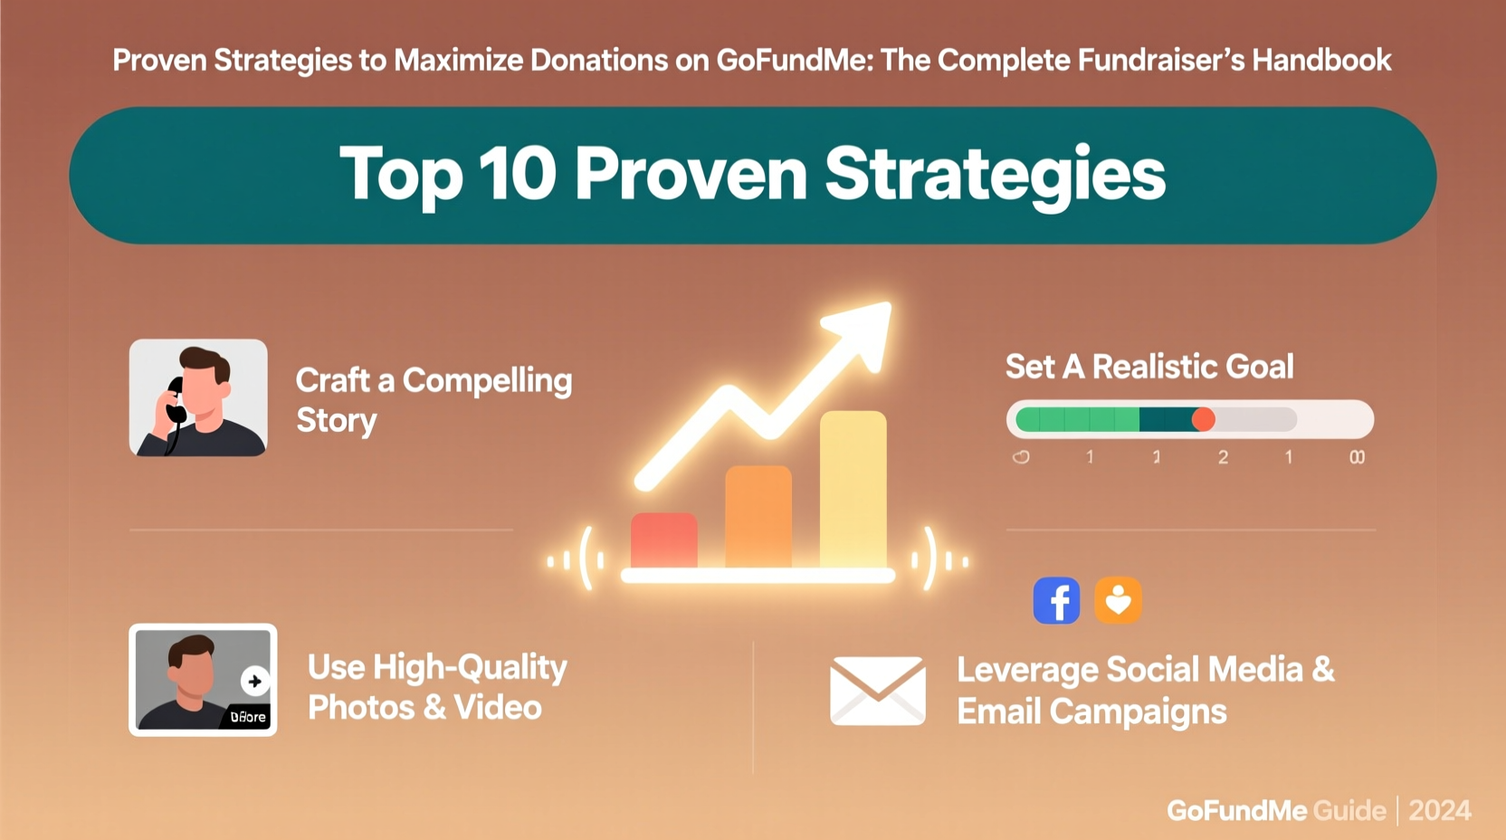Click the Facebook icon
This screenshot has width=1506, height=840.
click(x=1056, y=600)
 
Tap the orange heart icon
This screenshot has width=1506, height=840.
click(x=1118, y=600)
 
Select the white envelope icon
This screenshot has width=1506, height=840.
click(x=877, y=691)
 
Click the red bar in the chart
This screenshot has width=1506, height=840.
click(x=663, y=540)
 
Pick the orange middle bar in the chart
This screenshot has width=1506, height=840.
click(x=758, y=517)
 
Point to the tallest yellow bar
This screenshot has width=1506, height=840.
click(x=853, y=490)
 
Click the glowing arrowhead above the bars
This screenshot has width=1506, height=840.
click(x=861, y=331)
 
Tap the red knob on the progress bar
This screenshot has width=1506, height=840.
click(x=1203, y=419)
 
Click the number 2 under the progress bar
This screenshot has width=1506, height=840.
click(x=1223, y=457)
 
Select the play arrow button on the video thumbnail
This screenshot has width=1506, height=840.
click(x=254, y=681)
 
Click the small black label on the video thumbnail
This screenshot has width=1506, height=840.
click(x=247, y=716)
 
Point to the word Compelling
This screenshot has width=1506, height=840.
click(x=487, y=381)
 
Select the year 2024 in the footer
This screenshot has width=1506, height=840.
click(x=1439, y=810)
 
